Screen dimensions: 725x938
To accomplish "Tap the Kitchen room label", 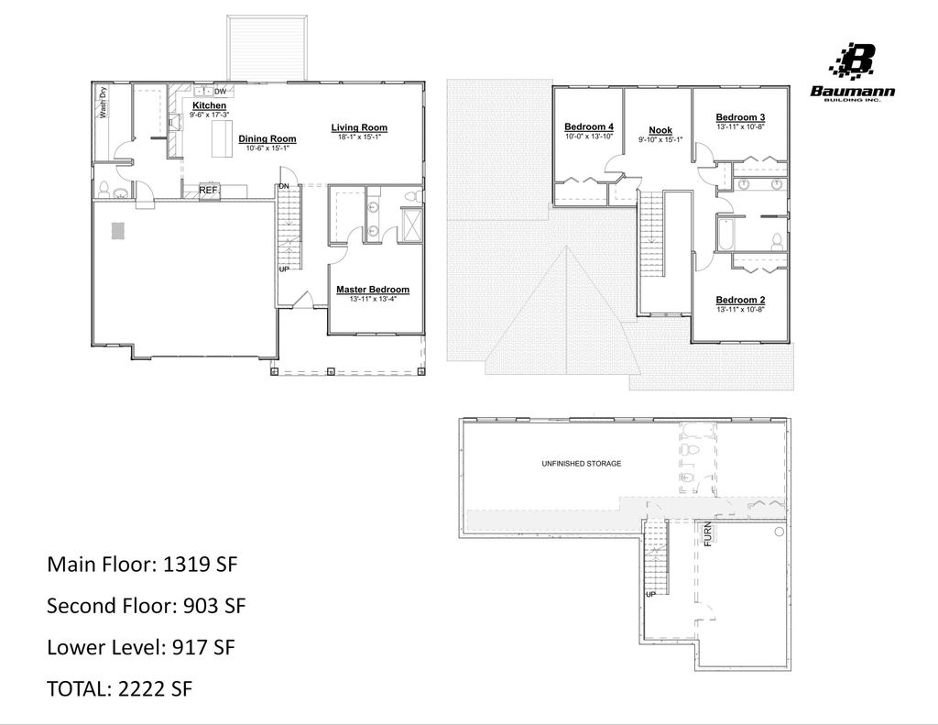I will [x=209, y=106].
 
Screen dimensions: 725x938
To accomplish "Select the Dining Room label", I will [x=267, y=139].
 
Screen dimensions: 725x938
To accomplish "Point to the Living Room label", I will [x=359, y=127].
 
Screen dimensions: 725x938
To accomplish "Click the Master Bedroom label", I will [x=372, y=290].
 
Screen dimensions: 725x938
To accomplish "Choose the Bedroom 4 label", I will [x=588, y=126].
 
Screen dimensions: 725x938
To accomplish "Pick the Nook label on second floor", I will [x=660, y=130].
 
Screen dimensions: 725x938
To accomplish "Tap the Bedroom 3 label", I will [x=740, y=117].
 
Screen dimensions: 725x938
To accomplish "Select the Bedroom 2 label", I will [x=740, y=300].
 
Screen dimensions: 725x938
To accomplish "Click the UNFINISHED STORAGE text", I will [x=581, y=464].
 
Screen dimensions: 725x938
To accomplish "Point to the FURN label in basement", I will [x=708, y=534].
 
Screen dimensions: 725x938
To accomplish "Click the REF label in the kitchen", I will [x=208, y=191].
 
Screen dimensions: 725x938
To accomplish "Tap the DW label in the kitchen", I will [x=220, y=92].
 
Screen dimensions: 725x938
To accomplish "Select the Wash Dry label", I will [x=104, y=102].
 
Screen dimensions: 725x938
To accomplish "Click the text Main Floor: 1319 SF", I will [x=142, y=564].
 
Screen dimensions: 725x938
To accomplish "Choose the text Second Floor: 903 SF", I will [x=146, y=606].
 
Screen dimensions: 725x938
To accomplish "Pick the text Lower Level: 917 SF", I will [x=141, y=647].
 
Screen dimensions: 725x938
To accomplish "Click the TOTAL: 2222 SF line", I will [x=119, y=689].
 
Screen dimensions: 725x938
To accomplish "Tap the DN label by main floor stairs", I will [x=284, y=186].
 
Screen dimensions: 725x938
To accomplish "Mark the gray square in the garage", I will [x=118, y=230].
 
